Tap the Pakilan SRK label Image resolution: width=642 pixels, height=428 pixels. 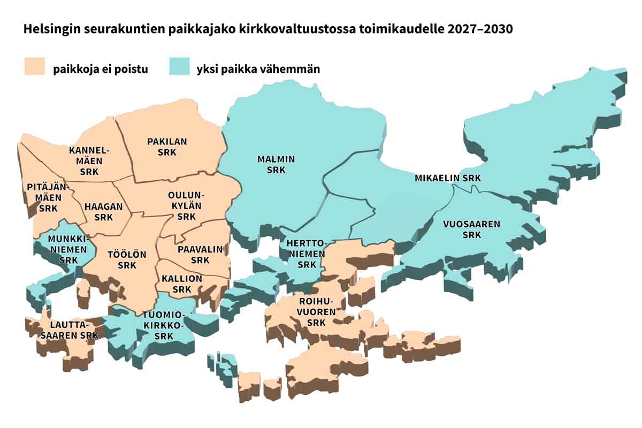coord(167,147)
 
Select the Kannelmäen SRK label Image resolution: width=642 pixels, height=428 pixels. coord(89,161)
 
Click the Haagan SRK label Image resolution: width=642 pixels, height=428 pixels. coord(104,211)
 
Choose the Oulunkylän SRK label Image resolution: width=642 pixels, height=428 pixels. coord(186,205)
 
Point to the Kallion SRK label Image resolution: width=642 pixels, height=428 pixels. coord(182,284)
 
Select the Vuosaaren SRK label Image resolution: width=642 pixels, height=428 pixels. coord(471,229)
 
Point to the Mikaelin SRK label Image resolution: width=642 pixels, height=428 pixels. coord(448,178)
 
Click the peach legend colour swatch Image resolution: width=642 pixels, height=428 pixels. coord(35,68)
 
